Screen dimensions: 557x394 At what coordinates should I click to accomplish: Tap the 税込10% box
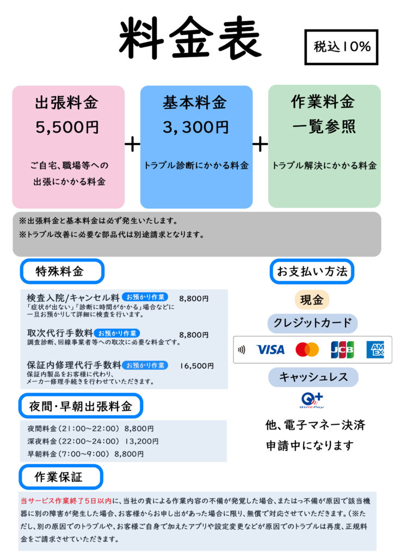click(x=341, y=47)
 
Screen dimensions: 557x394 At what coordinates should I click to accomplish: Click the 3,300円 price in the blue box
click(x=196, y=127)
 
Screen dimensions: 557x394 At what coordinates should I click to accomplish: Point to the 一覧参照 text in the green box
click(x=324, y=127)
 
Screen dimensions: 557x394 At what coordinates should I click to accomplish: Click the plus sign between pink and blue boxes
click(x=132, y=144)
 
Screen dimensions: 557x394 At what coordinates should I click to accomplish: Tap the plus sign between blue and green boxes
click(x=260, y=144)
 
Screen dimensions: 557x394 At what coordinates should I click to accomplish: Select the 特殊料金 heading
click(x=61, y=271)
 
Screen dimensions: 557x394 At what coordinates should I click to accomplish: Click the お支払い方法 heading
click(x=312, y=271)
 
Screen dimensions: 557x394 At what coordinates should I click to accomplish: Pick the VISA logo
click(x=270, y=349)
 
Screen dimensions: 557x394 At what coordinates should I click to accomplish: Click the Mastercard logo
click(x=307, y=349)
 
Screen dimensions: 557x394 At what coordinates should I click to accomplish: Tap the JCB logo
click(x=342, y=349)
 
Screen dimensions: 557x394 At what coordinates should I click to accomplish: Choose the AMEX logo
click(x=375, y=349)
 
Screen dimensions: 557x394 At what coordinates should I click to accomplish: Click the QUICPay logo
click(x=312, y=400)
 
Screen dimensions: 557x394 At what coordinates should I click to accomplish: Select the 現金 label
click(x=312, y=300)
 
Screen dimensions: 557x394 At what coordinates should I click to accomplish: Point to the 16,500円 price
click(x=196, y=366)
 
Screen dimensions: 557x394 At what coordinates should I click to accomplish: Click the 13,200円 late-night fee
click(x=141, y=441)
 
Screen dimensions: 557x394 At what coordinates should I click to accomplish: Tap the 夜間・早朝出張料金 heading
click(x=81, y=406)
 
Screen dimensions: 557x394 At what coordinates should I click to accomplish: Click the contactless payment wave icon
click(x=242, y=349)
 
